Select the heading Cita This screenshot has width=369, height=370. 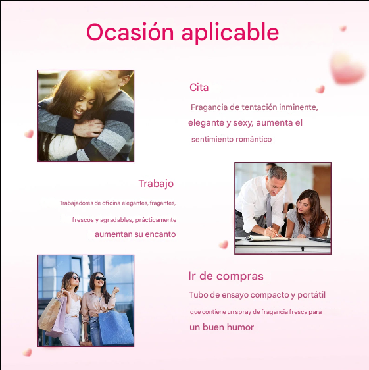(x=199, y=88)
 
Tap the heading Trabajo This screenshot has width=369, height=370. (x=156, y=183)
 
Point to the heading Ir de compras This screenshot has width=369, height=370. (x=226, y=276)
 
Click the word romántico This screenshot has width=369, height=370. (x=249, y=140)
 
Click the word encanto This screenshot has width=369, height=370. (x=160, y=234)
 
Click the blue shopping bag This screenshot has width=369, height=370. (x=117, y=327)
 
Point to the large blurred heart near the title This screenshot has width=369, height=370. (x=347, y=67)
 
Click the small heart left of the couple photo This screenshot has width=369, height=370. (x=28, y=134)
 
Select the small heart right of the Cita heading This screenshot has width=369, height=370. (x=320, y=89)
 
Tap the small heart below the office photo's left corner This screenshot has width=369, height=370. (x=223, y=244)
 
